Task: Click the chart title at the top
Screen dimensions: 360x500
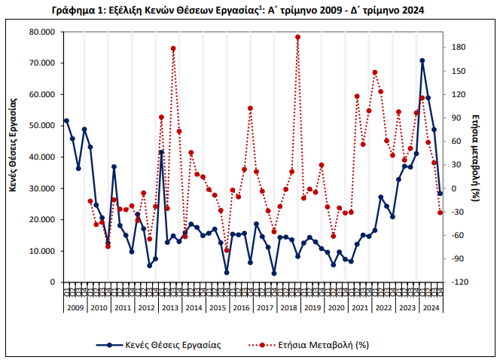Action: [x=250, y=9]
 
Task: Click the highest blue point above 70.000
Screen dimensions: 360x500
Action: [x=422, y=60]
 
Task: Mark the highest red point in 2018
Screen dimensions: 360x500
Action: [x=297, y=37]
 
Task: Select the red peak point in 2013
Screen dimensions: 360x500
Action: [x=173, y=48]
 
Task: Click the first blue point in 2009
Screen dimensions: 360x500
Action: [x=66, y=121]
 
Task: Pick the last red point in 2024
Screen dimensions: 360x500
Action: [x=440, y=212]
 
